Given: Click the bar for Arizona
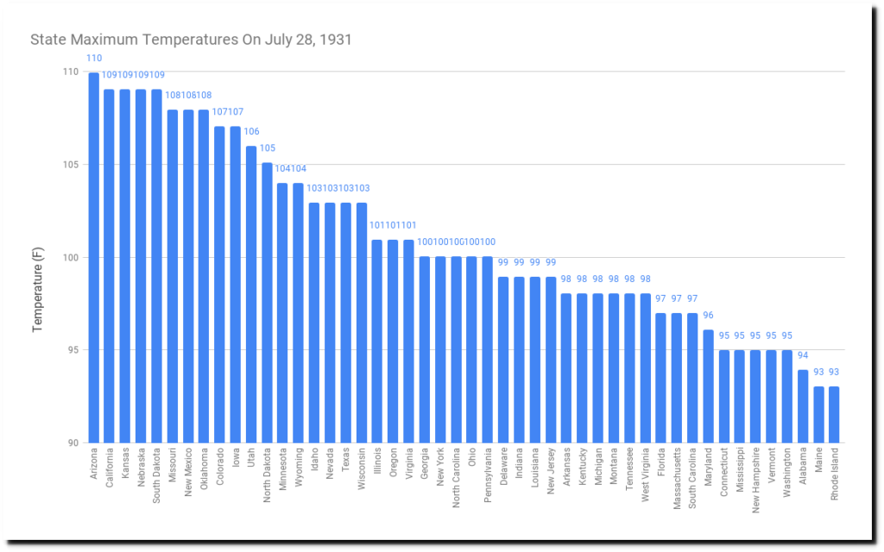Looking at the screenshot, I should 93,259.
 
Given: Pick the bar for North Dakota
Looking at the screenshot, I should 267,303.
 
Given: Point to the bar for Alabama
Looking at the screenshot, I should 803,406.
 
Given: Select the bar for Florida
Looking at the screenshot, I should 660,379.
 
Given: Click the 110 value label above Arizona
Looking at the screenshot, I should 93,58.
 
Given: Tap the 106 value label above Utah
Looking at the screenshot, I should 251,132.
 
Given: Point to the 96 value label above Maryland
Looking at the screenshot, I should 708,316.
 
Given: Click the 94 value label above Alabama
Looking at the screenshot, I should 803,355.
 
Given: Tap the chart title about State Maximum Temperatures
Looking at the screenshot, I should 191,40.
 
